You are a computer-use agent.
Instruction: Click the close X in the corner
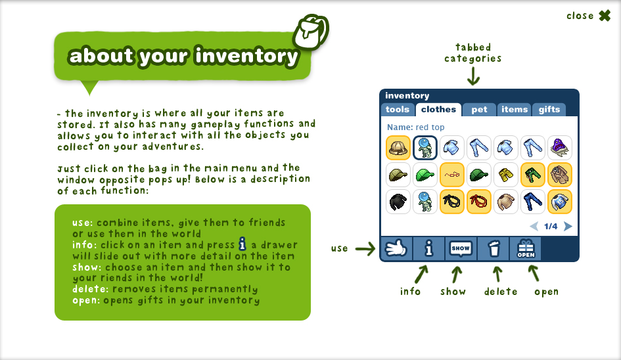click(605, 16)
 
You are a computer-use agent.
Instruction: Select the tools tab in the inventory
click(398, 110)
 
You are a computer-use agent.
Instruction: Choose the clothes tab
click(438, 110)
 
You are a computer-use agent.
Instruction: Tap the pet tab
click(479, 110)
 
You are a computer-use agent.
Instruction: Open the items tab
click(515, 110)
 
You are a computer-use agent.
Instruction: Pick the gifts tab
click(549, 110)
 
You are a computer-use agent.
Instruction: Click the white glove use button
click(396, 249)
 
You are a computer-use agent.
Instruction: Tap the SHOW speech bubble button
click(461, 249)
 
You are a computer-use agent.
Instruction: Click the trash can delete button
click(494, 249)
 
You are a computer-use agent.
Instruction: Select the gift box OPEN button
click(526, 249)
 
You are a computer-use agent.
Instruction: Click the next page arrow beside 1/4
click(568, 226)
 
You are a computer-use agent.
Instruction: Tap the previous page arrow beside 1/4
click(534, 226)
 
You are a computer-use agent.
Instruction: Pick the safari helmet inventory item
click(398, 148)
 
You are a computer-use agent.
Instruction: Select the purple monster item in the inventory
click(560, 148)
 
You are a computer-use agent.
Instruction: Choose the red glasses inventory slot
click(452, 175)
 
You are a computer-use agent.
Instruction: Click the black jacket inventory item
click(398, 202)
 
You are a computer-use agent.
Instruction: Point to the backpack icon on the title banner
click(311, 32)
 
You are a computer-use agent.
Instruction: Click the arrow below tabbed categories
click(473, 76)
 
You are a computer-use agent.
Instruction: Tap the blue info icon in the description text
click(242, 244)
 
